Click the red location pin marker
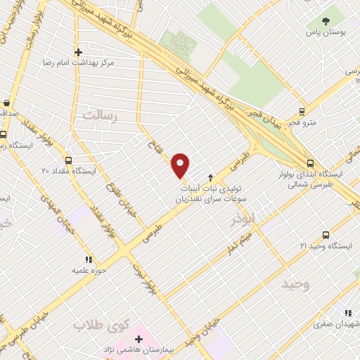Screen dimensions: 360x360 tap(181, 165)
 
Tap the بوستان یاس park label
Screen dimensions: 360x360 tap(326, 33)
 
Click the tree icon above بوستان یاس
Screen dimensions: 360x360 tap(326, 20)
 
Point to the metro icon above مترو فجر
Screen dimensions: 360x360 tap(302, 110)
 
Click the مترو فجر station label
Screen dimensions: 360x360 tap(302, 123)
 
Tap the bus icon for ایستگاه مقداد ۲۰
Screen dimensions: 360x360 tap(68, 160)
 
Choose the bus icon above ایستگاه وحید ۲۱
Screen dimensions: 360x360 tap(325, 235)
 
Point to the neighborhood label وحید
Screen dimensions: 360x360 tap(295, 284)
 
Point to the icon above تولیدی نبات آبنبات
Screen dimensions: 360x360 tap(210, 177)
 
